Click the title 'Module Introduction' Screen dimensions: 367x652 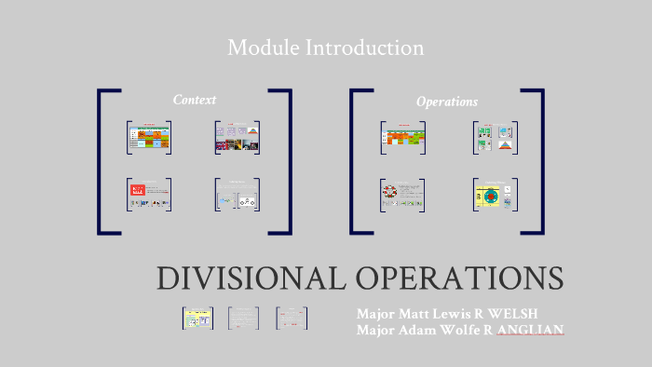(x=325, y=48)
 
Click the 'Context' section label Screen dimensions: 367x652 (x=194, y=100)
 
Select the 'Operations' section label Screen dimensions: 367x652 (x=446, y=102)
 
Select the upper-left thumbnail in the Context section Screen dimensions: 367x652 (x=149, y=136)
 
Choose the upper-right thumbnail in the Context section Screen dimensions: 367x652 (x=237, y=136)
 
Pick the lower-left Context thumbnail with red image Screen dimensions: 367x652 (x=149, y=194)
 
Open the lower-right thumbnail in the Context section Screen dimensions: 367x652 (x=237, y=194)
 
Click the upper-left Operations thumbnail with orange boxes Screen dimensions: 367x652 (x=402, y=136)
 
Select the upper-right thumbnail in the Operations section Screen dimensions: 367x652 (x=495, y=136)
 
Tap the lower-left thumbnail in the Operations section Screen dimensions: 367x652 (x=402, y=194)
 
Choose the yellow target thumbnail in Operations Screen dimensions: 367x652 (x=495, y=194)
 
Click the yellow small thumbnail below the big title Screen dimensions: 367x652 (x=197, y=318)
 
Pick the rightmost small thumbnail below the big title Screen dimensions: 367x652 (x=292, y=318)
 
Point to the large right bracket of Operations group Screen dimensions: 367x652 (x=540, y=161)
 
